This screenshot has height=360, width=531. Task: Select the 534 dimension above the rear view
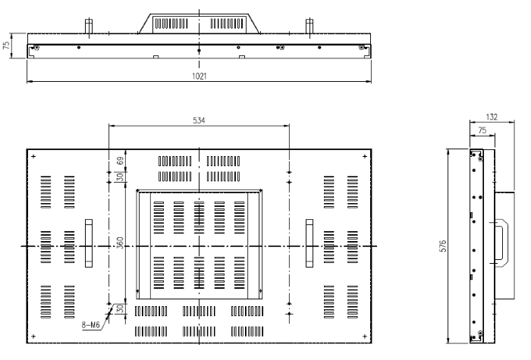click(200, 121)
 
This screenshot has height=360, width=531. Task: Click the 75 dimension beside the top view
click(7, 45)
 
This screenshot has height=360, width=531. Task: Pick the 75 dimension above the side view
click(481, 130)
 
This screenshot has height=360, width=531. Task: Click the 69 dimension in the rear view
click(120, 161)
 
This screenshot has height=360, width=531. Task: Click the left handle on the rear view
click(87, 243)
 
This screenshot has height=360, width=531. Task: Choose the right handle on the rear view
click(309, 243)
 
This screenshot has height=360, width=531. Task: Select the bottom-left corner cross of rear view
click(33, 335)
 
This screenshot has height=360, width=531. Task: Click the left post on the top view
click(89, 25)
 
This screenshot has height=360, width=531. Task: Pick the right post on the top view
click(309, 25)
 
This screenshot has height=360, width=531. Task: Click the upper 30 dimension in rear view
click(120, 177)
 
